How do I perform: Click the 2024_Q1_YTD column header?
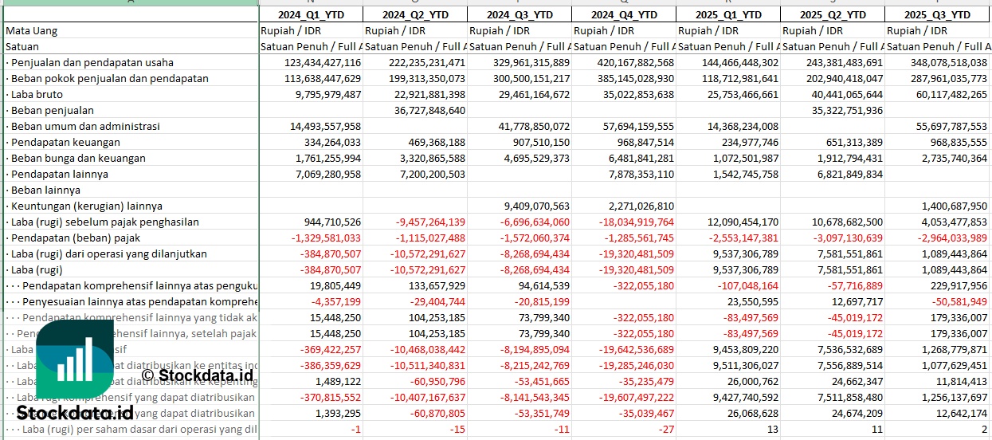[x=311, y=14]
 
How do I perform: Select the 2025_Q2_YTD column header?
[x=832, y=14]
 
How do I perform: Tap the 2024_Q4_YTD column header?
[x=623, y=14]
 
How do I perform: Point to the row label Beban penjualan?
[x=53, y=110]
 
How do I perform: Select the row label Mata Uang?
[x=31, y=30]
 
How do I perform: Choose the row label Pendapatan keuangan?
[x=65, y=142]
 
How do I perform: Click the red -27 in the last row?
[x=667, y=429]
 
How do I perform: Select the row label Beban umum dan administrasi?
[x=85, y=126]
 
